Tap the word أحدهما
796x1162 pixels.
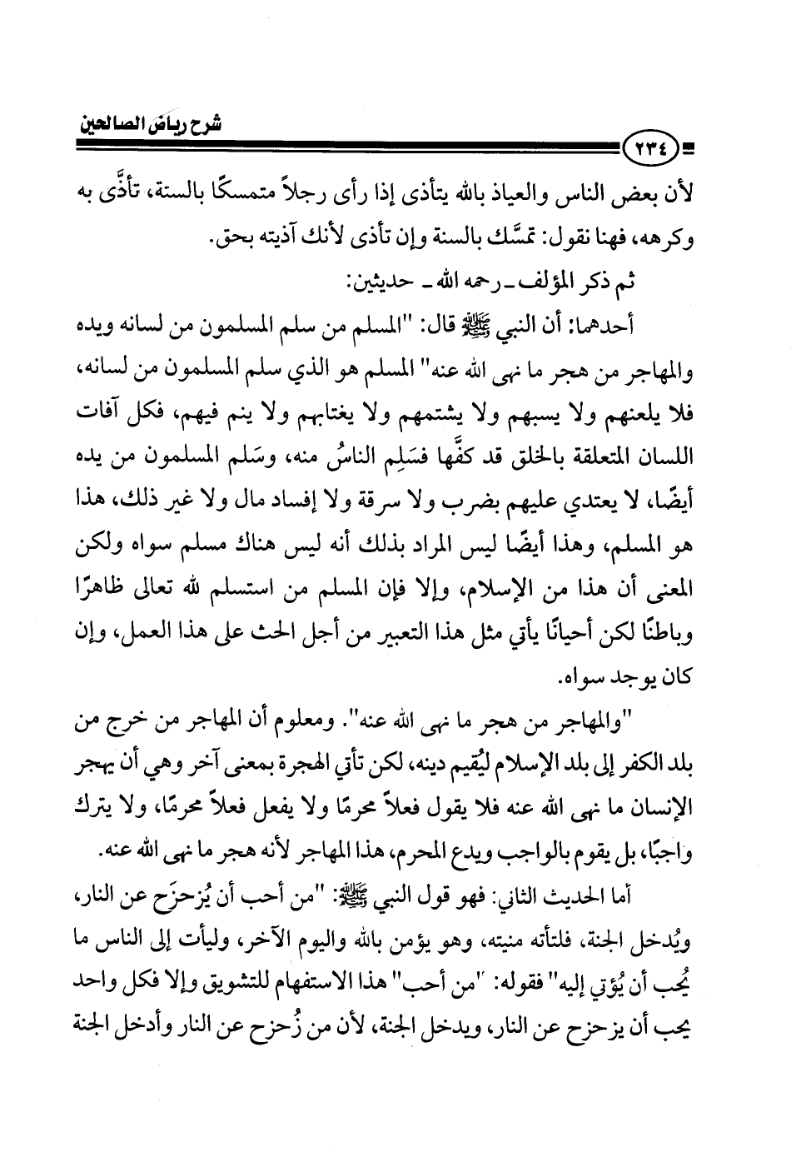point(638,327)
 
